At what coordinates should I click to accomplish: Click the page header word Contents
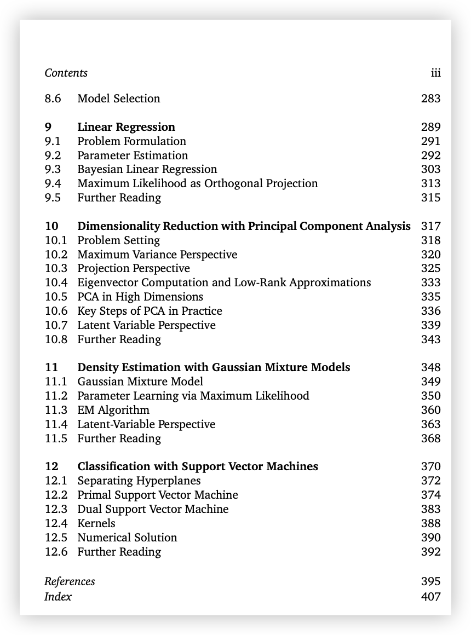(66, 73)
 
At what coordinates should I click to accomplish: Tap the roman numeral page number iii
(435, 73)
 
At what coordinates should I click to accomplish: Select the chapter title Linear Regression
(126, 127)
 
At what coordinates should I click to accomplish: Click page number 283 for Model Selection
(430, 99)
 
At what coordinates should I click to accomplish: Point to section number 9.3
(53, 169)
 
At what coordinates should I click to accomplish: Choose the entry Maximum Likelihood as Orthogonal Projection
(197, 183)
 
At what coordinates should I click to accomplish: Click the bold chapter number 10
(51, 226)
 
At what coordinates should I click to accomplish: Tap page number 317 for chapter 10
(430, 226)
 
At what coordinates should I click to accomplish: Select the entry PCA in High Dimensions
(140, 297)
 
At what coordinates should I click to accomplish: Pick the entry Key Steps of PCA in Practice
(150, 311)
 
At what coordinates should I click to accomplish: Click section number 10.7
(56, 325)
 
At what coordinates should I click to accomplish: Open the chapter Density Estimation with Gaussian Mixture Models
(214, 367)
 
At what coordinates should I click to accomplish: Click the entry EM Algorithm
(113, 410)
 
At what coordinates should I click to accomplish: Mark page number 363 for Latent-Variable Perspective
(430, 424)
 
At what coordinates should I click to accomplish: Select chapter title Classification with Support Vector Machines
(197, 466)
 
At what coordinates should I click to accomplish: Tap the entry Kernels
(96, 523)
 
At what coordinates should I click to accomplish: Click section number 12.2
(56, 495)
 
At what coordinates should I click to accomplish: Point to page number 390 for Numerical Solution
(430, 538)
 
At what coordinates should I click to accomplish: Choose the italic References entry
(70, 581)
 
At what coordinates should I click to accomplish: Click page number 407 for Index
(430, 597)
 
